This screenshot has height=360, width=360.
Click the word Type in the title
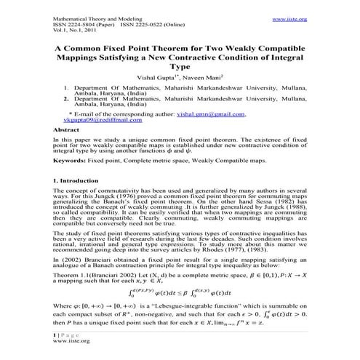coord(180,65)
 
